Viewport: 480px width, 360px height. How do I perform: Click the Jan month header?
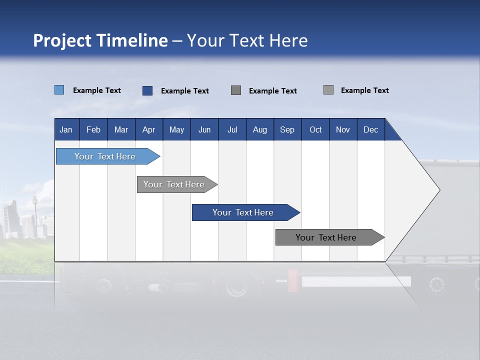pos(66,129)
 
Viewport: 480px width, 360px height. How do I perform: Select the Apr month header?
pos(148,129)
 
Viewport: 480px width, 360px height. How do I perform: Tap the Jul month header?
pos(232,129)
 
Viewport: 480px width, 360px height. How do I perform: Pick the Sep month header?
pos(287,129)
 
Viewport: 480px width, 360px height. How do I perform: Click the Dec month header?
pos(370,129)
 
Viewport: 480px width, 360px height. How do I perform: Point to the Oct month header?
pos(315,129)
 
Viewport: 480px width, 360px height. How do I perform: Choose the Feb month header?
pos(93,129)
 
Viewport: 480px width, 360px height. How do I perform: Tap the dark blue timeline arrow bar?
pos(243,212)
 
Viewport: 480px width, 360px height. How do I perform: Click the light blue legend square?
pos(59,90)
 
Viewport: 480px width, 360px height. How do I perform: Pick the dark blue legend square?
pos(147,90)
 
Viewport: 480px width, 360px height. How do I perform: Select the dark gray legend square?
pos(236,90)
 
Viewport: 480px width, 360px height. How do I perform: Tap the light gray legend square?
pos(328,90)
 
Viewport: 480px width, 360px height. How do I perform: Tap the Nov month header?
pos(343,129)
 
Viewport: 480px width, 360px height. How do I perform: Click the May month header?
pos(176,129)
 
